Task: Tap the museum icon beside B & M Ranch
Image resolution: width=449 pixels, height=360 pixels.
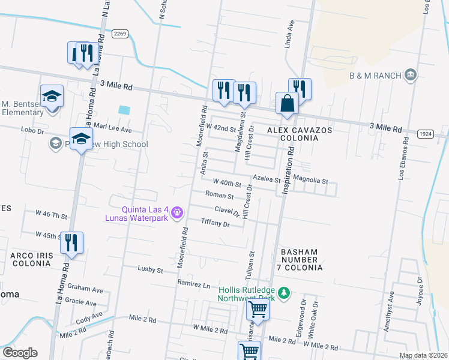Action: (411, 75)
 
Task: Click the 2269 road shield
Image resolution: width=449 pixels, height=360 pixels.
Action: (120, 34)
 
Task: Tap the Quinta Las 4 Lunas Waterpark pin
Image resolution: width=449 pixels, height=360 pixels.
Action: (177, 212)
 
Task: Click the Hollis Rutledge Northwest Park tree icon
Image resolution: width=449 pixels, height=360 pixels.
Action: (286, 293)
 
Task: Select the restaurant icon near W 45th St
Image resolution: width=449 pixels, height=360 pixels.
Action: (71, 243)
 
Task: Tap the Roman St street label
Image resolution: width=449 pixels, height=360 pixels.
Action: (219, 196)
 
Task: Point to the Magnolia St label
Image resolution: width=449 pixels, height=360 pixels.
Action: (310, 181)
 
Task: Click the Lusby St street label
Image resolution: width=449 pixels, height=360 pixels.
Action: (151, 269)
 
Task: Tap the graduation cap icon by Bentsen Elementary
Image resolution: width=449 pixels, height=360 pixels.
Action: (52, 96)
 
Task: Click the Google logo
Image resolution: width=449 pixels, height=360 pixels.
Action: (20, 352)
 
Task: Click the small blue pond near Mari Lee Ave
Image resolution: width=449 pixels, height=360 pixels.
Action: (124, 110)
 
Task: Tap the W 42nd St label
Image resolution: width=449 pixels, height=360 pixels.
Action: (221, 128)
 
